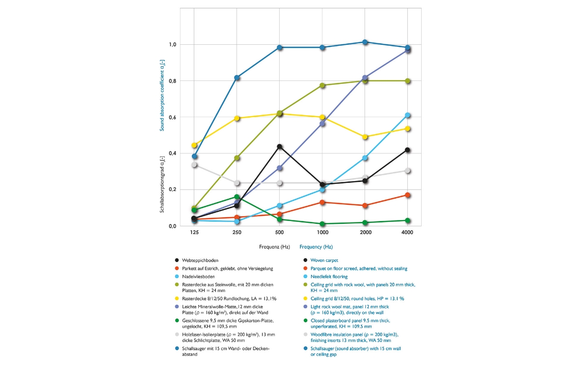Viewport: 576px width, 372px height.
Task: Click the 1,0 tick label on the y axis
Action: tap(172, 45)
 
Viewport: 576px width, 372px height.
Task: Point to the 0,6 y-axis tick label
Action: tap(172, 117)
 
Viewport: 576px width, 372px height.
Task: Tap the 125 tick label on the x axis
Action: tap(194, 232)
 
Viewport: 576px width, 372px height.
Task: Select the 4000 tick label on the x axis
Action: tap(407, 232)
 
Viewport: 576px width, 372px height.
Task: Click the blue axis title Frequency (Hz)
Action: tap(316, 247)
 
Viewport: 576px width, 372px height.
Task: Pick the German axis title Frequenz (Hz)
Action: tap(274, 247)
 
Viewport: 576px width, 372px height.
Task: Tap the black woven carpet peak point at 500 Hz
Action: tap(280, 147)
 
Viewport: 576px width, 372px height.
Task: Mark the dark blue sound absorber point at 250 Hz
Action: tap(237, 78)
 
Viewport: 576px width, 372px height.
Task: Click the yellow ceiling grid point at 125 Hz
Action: tap(194, 145)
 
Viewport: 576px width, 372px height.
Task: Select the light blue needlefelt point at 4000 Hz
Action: tap(407, 115)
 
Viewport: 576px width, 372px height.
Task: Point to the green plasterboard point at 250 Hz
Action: tap(237, 197)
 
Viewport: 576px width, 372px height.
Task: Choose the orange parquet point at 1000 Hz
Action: tap(323, 202)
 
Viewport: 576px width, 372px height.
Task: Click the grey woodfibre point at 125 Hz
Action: tap(194, 165)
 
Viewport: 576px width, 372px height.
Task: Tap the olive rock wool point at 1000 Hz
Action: tap(323, 85)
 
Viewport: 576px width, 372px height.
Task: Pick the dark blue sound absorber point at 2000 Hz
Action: tap(365, 42)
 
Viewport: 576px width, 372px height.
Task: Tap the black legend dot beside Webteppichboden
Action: tap(177, 261)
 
